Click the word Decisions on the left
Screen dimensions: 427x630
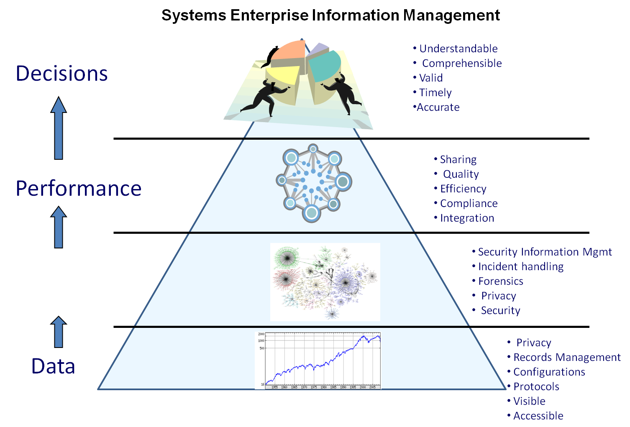[62, 74]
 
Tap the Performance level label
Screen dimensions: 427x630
[78, 189]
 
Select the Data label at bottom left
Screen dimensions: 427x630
[53, 366]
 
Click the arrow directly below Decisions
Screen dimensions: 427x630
[59, 128]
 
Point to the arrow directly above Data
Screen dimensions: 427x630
[59, 332]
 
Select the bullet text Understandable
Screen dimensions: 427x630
[458, 49]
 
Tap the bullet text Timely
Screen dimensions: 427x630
[435, 92]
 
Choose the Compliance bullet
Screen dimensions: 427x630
[469, 203]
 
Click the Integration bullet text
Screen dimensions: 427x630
[467, 218]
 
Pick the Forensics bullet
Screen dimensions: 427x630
[500, 281]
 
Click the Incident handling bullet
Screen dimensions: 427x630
[520, 266]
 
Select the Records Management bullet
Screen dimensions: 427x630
[566, 357]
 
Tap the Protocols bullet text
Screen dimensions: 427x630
[536, 386]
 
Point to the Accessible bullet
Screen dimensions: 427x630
[538, 416]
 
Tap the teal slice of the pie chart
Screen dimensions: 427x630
[324, 65]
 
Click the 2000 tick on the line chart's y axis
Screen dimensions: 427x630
[261, 334]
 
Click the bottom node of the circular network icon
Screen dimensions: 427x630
[311, 213]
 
